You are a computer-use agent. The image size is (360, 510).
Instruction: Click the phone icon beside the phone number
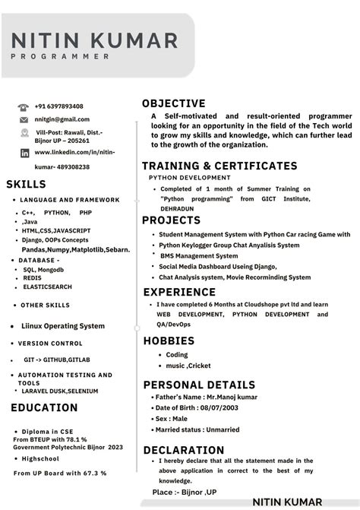(24, 107)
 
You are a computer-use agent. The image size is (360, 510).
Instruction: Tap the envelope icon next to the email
(24, 120)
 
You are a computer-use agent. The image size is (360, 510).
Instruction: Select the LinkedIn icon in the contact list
(24, 153)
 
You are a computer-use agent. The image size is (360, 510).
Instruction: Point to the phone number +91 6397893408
(59, 106)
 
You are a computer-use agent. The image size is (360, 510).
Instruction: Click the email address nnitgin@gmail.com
(62, 119)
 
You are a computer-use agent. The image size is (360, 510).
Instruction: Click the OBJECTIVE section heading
(174, 103)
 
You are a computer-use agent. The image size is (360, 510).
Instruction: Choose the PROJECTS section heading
(172, 220)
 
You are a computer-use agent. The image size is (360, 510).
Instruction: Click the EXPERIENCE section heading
(179, 292)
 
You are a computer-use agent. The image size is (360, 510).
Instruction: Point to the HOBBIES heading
(169, 341)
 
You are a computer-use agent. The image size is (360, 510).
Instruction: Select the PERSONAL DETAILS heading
(199, 385)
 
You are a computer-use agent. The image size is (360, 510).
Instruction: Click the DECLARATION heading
(184, 450)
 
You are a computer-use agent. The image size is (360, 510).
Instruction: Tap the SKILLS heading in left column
(26, 184)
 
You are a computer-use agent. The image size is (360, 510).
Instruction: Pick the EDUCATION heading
(44, 408)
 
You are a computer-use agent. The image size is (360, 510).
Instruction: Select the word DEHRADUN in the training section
(177, 208)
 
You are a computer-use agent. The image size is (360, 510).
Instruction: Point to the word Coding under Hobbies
(177, 355)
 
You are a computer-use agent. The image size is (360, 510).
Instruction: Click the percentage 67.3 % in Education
(92, 473)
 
